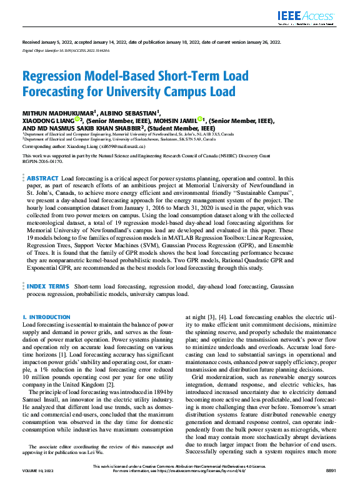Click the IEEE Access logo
(x=311, y=17)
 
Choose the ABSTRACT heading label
(x=42, y=161)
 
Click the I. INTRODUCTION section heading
(x=46, y=317)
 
